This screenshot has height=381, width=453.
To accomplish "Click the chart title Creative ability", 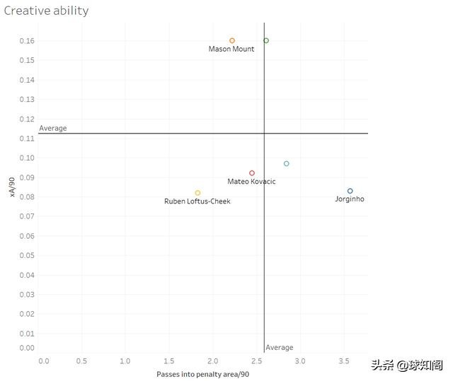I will point(47,11).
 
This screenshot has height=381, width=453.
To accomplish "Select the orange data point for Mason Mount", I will point(232,41).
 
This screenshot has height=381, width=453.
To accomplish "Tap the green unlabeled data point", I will point(266,41).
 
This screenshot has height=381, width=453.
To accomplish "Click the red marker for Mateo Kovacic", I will point(252,173).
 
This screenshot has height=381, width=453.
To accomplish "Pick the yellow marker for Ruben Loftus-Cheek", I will point(197,193).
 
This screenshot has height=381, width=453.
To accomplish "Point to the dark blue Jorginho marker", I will point(350,191).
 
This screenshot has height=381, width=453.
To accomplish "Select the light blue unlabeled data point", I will point(287,164).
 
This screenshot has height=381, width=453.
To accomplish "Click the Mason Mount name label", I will point(231,49).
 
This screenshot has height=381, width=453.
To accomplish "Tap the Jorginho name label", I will point(350,199).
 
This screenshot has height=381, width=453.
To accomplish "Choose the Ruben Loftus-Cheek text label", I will point(197,201).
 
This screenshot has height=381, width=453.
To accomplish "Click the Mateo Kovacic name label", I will point(251,182).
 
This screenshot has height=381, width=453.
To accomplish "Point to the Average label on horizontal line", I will point(53,128).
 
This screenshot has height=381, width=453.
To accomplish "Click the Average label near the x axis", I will point(280,348).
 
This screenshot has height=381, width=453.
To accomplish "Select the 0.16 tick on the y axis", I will point(26,41).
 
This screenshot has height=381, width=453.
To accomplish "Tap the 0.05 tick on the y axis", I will point(26,255).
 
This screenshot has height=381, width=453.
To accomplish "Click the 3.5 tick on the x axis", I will point(343,361).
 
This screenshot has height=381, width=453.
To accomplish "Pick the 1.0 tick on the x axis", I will point(125,361).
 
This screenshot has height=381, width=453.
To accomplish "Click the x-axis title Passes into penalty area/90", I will point(202,374).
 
